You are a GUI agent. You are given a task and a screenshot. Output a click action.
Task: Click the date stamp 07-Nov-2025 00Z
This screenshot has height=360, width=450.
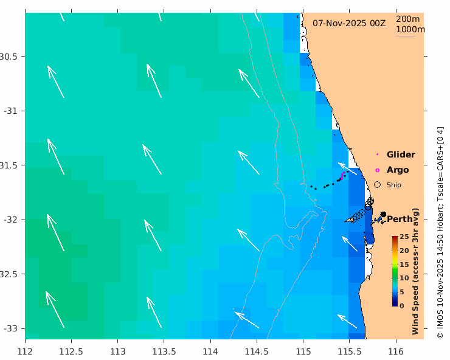click(x=349, y=22)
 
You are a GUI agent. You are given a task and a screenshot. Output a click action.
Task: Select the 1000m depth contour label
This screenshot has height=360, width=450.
click(x=410, y=29)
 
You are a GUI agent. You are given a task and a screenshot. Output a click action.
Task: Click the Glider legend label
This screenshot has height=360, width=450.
click(x=401, y=154)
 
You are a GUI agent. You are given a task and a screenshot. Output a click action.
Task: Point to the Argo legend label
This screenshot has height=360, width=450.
click(x=398, y=170)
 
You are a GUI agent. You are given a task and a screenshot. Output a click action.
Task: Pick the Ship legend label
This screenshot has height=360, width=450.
click(x=394, y=185)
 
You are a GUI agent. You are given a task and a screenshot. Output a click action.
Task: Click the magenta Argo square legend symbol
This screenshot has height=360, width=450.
click(x=378, y=170)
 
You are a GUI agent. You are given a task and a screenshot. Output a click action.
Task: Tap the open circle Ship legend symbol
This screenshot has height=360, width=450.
click(x=378, y=184)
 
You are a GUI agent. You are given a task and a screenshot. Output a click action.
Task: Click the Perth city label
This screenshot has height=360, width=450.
click(x=400, y=219)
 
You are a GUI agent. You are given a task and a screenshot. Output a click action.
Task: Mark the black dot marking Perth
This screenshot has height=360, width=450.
click(x=383, y=215)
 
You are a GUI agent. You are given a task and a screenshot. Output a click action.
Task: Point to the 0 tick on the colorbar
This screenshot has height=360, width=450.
click(x=402, y=306)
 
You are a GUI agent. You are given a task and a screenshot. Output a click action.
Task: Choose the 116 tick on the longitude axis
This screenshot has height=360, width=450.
click(x=396, y=351)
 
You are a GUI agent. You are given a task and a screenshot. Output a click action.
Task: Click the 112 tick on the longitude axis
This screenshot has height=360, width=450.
click(x=25, y=351)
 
